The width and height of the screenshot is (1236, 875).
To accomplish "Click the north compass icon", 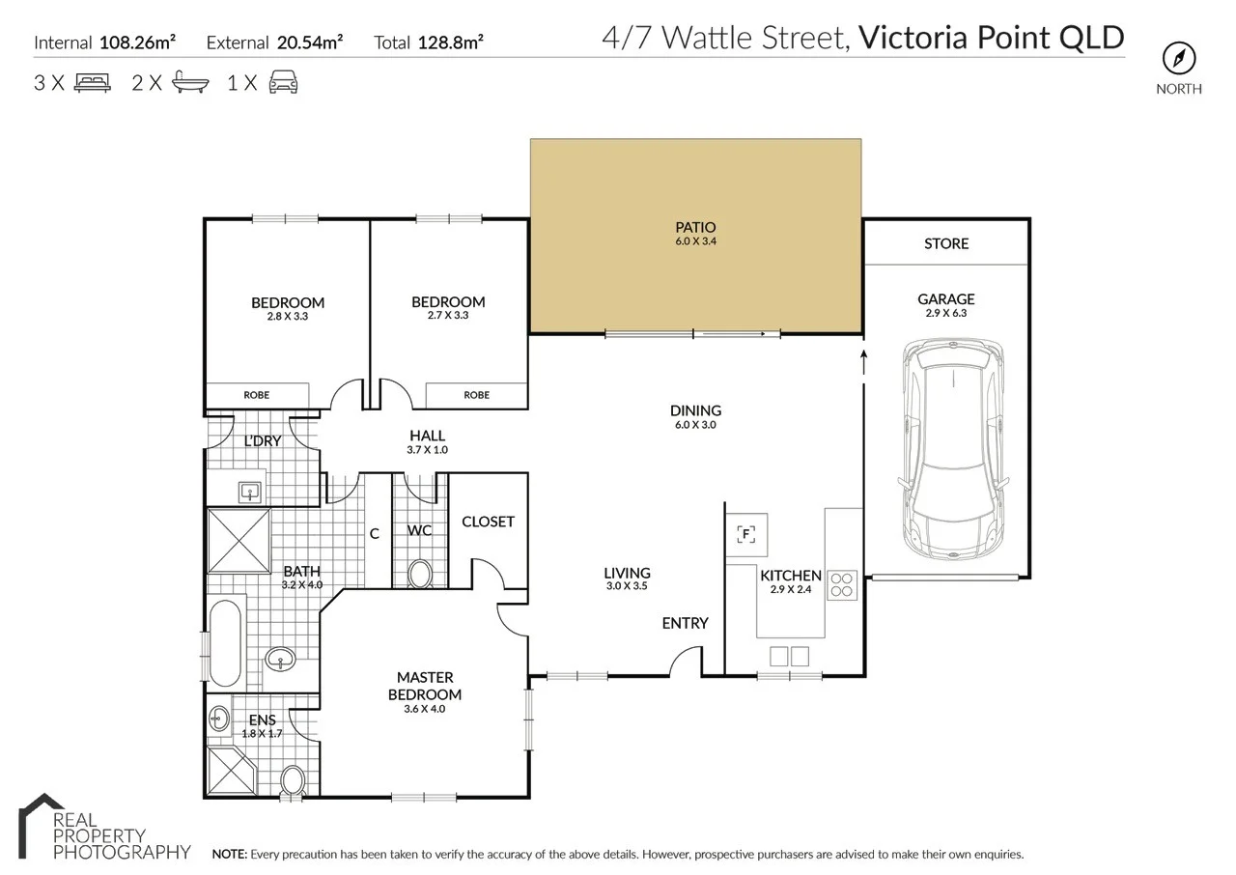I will tap(1178, 59).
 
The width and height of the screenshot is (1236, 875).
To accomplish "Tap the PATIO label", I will tap(695, 227).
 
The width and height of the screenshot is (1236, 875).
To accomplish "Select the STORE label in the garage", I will tap(945, 243).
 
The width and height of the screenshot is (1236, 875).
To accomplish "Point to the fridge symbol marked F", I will tap(746, 533).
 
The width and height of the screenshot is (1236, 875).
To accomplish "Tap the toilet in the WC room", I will tap(420, 575).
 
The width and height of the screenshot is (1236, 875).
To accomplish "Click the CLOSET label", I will tap(488, 522).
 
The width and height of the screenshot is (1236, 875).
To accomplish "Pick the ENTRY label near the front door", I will tap(685, 623).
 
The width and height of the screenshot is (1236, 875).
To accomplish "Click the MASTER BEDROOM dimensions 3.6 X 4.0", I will tap(425, 709).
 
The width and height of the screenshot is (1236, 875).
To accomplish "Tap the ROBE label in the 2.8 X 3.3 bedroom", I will tap(256, 395).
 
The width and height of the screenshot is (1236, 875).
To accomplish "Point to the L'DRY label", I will tap(262, 441).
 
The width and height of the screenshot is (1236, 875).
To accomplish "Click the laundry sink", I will tap(251, 493).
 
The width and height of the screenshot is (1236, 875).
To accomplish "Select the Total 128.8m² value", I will tap(450, 42).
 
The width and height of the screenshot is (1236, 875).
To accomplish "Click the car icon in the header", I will tap(282, 83).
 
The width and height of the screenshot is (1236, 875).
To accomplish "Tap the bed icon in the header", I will tap(92, 83).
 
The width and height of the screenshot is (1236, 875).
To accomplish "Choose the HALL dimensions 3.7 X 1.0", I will tap(428, 450).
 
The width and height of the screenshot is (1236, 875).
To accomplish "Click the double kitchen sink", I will tap(789, 657).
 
